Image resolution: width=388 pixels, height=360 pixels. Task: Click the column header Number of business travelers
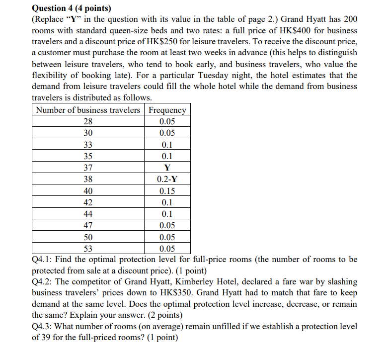click(x=88, y=110)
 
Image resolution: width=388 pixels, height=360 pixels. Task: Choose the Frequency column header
click(x=167, y=110)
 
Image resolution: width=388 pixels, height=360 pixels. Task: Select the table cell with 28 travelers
click(x=88, y=122)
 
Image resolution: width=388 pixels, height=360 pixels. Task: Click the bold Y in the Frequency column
click(x=167, y=168)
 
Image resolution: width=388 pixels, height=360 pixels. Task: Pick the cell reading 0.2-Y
click(x=167, y=179)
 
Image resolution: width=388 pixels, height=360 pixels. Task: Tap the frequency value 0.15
click(x=167, y=191)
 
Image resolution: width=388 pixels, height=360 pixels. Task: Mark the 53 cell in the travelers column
click(x=88, y=249)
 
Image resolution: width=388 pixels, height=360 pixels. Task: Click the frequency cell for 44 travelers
click(x=167, y=214)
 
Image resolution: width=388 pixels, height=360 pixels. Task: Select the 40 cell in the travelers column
click(x=88, y=191)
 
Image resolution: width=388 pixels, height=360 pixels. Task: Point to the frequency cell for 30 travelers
click(x=167, y=133)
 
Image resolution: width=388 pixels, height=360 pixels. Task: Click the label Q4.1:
click(x=43, y=260)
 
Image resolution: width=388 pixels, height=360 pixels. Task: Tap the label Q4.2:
click(x=43, y=282)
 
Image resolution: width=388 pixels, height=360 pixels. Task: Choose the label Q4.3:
click(x=43, y=327)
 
